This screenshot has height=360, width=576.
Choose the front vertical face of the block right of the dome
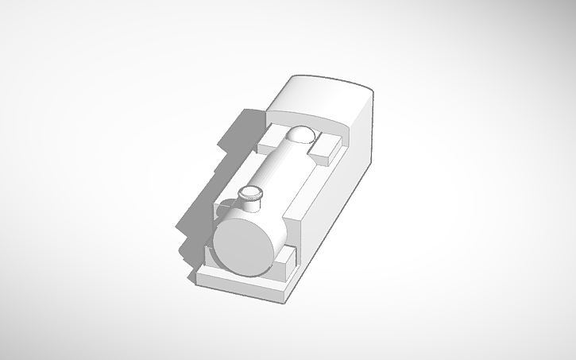(323, 157)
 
